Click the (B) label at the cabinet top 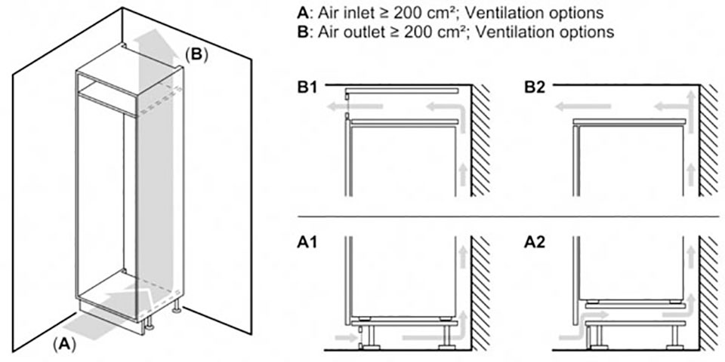click(196, 54)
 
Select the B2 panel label click(535, 88)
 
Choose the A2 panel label click(535, 244)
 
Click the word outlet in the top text click(365, 32)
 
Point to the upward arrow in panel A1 click(462, 256)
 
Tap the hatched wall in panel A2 click(708, 294)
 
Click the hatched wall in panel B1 click(481, 140)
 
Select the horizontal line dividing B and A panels click(506, 218)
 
